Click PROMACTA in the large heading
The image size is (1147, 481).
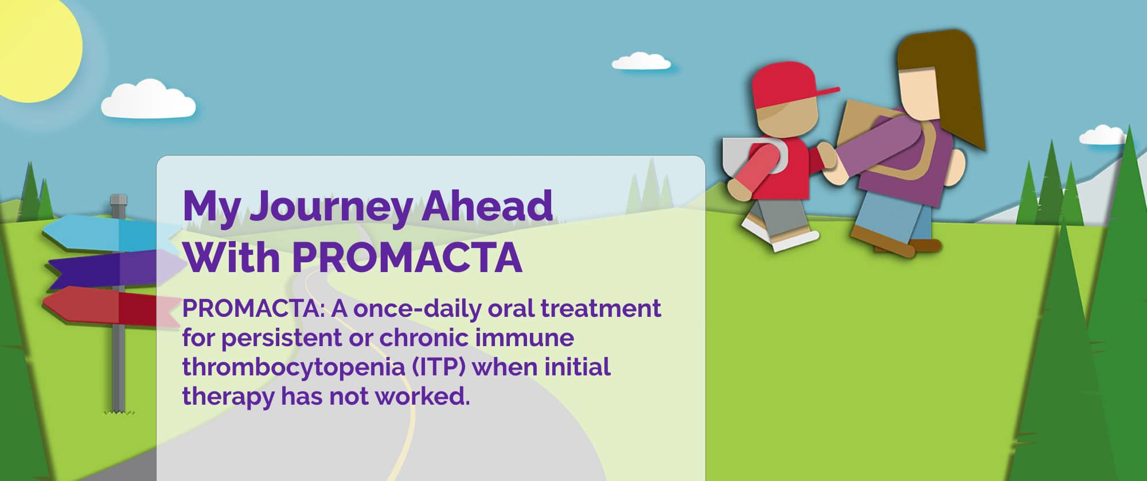(407, 257)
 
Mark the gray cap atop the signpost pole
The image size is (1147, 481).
(118, 201)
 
